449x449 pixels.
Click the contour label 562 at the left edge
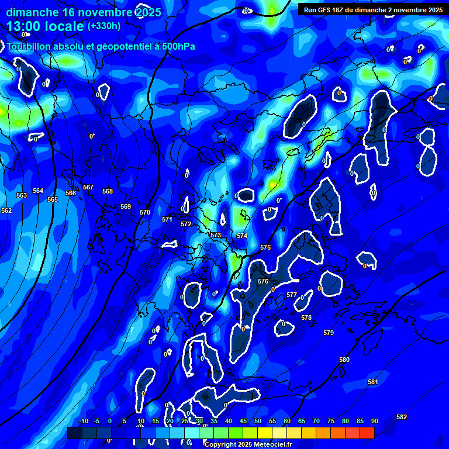pos(6,210)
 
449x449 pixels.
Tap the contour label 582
pos(402,417)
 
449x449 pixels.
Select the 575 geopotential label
pos(265,248)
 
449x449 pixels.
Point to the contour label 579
pos(329,333)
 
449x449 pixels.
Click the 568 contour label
pos(108,191)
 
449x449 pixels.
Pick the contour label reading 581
pos(373,382)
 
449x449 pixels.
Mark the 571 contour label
pos(167,219)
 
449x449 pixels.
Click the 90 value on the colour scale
pos(374,421)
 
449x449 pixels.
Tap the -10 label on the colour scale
pos(83,421)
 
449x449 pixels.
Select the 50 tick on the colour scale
pos(258,421)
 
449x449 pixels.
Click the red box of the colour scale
pos(367,433)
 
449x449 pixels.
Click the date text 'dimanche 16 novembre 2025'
pos(84,12)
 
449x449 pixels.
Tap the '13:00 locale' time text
pos(46,26)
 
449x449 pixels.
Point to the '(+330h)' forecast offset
pos(104,26)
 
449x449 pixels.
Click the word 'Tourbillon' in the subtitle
pos(30,47)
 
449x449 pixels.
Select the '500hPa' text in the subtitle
pos(176,47)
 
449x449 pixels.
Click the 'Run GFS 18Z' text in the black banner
pos(326,10)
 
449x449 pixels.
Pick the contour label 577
pos(292,295)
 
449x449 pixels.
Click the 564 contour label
pos(38,191)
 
